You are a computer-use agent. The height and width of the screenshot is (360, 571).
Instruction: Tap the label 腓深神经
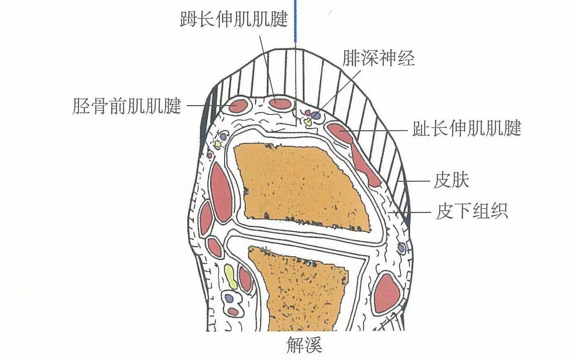click(x=378, y=58)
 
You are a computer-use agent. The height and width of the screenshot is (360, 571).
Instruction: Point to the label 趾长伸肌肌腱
click(x=467, y=128)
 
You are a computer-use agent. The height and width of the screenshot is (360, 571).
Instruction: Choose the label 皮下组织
click(x=472, y=212)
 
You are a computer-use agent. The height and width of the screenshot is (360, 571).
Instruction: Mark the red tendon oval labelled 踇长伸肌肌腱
click(x=280, y=103)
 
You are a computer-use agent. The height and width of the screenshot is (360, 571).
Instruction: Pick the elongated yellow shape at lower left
click(x=230, y=276)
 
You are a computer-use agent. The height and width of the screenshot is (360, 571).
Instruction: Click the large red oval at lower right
click(x=387, y=292)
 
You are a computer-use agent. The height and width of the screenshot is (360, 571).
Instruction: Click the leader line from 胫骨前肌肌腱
click(x=205, y=106)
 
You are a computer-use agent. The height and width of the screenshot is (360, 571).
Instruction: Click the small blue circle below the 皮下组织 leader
click(x=401, y=248)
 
